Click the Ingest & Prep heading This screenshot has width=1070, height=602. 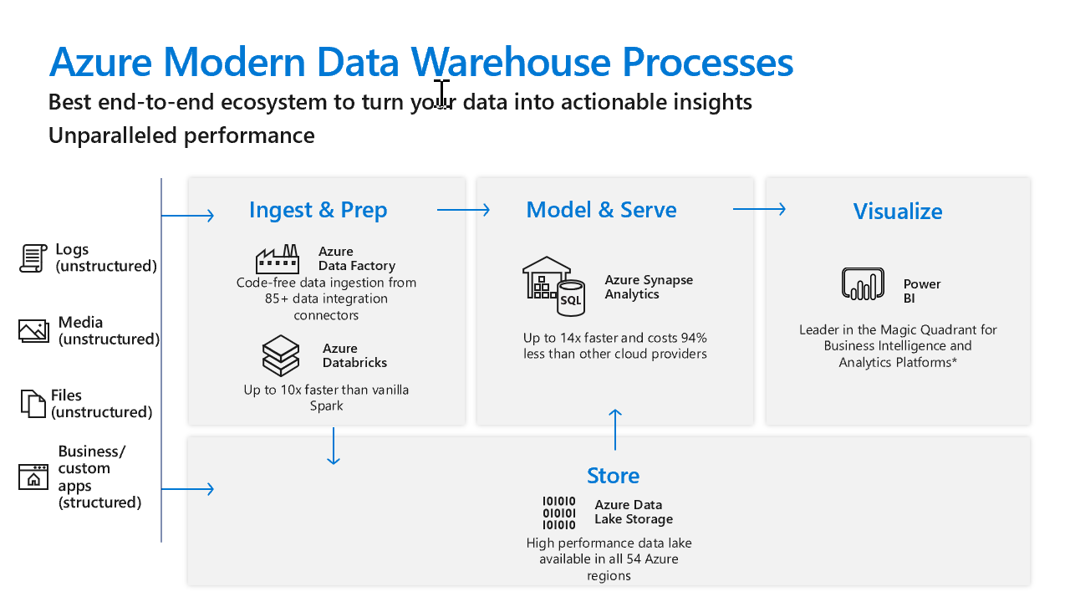coord(318,210)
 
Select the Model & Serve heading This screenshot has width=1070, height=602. coord(601,210)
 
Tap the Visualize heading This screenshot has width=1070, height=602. coord(897,212)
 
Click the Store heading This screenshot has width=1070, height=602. coord(613,476)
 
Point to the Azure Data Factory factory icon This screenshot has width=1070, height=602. coord(278,259)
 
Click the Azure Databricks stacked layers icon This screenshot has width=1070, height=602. coord(280,355)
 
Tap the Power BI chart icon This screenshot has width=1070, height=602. coord(863,284)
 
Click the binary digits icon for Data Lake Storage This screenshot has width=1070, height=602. coord(559,513)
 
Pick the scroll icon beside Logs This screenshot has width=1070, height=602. coord(33,258)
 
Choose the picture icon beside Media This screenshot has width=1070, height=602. coord(33,331)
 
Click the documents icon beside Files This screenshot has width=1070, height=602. coord(33,403)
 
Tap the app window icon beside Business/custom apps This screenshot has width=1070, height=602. coord(33,477)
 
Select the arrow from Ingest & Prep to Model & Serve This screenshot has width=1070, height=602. coord(463,210)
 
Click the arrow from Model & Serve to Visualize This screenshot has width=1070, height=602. coord(759,209)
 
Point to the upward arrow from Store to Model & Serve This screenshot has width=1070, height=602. coord(615,429)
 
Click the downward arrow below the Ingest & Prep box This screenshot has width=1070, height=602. coord(334,446)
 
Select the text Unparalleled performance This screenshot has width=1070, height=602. coord(181,135)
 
